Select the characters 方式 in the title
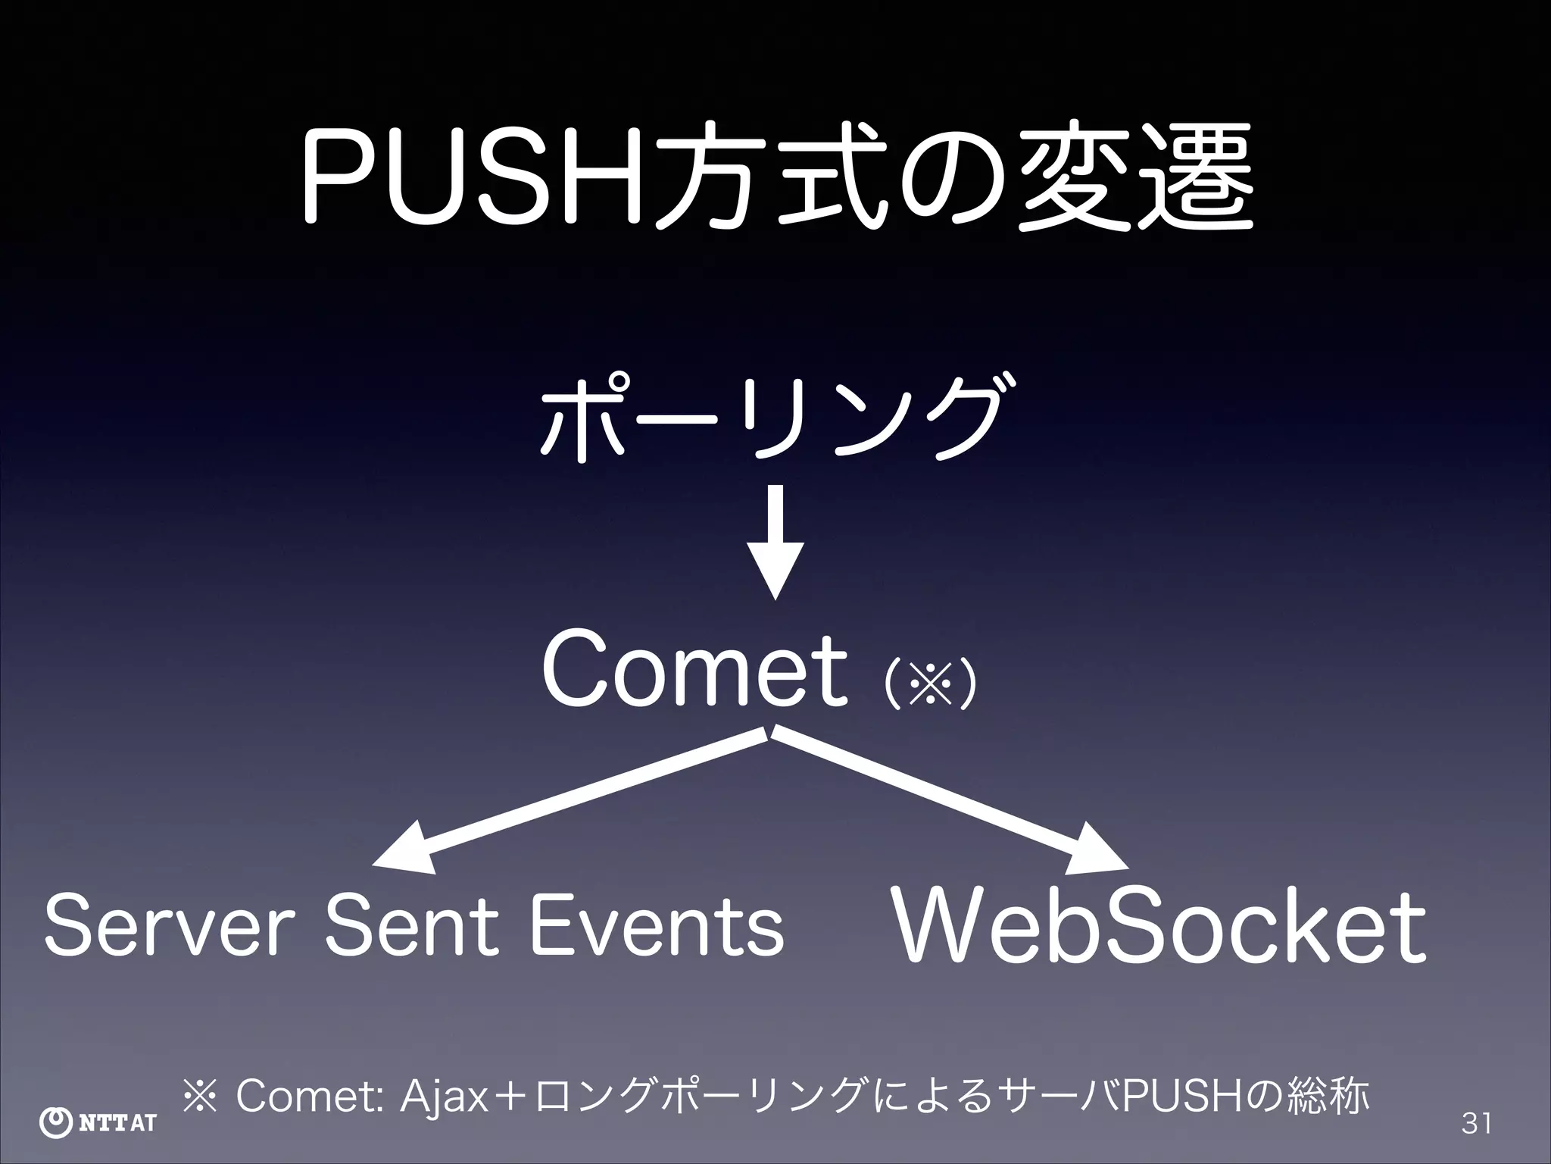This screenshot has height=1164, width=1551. [765, 180]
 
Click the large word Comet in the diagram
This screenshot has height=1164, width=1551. [694, 671]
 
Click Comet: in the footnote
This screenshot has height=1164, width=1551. [311, 1097]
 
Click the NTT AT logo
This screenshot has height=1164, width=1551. [97, 1122]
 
